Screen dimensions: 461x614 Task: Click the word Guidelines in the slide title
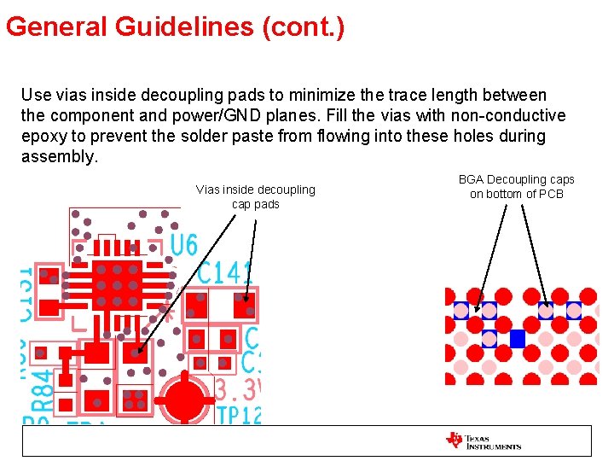(x=184, y=27)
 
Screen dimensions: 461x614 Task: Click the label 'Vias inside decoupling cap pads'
(x=255, y=196)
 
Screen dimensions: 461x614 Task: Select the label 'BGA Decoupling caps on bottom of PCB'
(x=516, y=186)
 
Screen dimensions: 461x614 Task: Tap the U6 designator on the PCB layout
(x=183, y=246)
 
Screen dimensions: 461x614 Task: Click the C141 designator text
(x=225, y=273)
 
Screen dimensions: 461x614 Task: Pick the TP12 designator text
(x=238, y=416)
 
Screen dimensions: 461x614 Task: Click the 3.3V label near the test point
(x=237, y=391)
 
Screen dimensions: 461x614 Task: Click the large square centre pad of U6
(x=117, y=285)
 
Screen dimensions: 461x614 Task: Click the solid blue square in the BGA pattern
(x=517, y=339)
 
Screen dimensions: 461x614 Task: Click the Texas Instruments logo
(x=483, y=441)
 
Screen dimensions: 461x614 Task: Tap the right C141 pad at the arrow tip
(x=245, y=304)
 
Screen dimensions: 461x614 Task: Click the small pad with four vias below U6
(x=133, y=400)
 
